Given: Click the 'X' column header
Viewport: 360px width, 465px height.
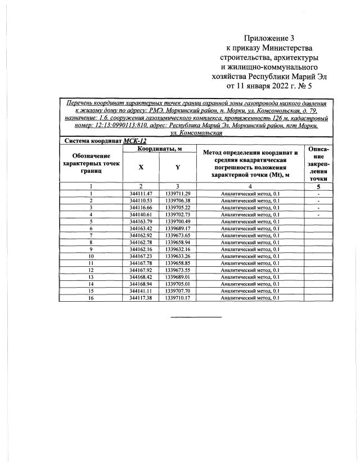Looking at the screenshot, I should coord(141,167).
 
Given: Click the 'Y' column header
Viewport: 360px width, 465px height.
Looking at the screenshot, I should coord(177,167).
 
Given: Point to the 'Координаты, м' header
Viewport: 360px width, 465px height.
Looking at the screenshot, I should coord(159,149).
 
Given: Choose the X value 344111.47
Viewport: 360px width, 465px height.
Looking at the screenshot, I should coord(141,193).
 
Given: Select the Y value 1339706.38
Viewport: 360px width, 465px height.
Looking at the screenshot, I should coord(178,200).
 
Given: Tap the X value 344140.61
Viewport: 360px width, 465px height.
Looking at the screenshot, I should coord(141,214).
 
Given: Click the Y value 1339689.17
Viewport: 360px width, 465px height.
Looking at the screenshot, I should coord(178,229).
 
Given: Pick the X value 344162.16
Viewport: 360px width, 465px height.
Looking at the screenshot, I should coord(141,249).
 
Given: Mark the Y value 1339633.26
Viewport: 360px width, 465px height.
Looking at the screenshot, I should coord(178,256).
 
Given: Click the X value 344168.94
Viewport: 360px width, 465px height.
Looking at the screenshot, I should coord(141,284).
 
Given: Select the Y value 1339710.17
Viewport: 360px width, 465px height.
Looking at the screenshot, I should coord(178,298).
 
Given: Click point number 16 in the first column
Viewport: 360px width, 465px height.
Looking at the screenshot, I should coord(91,298).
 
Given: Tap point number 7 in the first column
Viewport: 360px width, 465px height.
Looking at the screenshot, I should coord(91,235).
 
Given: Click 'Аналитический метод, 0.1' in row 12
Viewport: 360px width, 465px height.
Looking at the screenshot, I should coord(249,270).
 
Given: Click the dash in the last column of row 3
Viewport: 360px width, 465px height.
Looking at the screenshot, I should coord(319,207).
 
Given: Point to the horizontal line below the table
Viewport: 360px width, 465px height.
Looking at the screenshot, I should coord(196,316).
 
